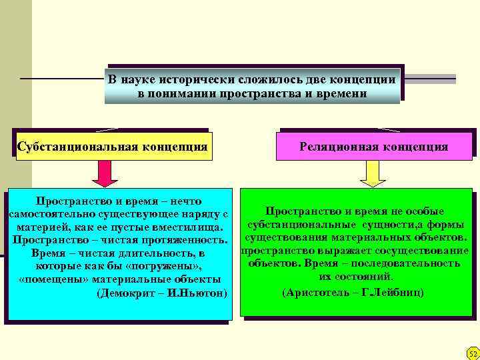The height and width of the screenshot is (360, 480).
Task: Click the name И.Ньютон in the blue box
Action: click(x=197, y=293)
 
